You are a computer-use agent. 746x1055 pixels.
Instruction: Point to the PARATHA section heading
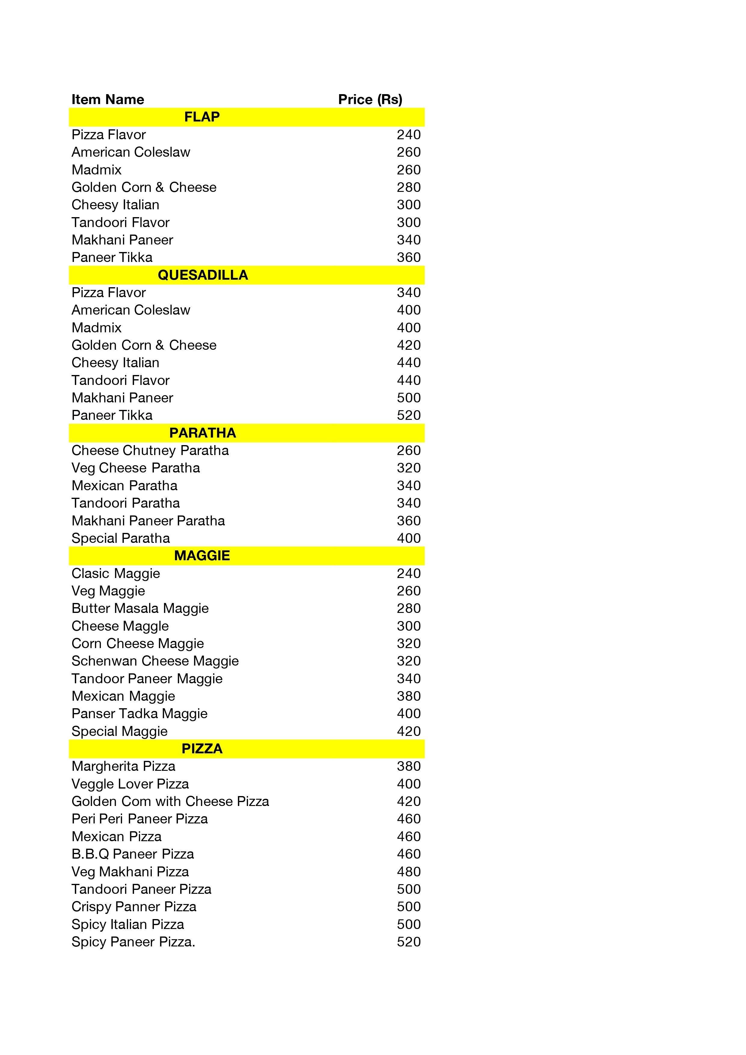point(203,433)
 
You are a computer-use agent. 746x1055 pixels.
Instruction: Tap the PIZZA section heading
point(202,749)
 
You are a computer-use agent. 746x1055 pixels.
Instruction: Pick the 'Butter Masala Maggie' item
point(140,608)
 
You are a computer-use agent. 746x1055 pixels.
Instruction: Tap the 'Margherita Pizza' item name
point(123,766)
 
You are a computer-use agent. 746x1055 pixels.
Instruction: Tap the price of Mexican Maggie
point(408,696)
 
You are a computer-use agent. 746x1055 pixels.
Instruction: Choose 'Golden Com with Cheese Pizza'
point(170,801)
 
